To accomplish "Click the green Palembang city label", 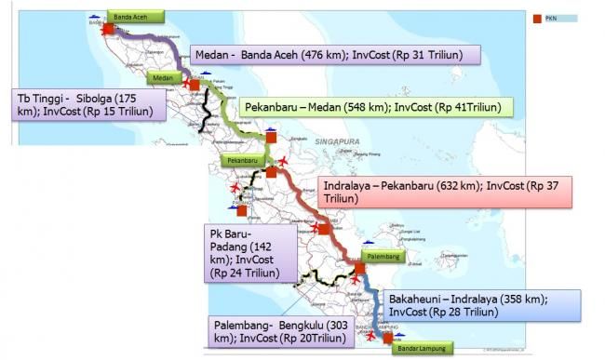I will coord(383,255).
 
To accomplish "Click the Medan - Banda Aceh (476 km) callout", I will coord(334,55).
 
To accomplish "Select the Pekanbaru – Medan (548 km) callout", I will coord(372,108).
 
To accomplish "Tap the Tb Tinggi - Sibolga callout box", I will coord(90,105).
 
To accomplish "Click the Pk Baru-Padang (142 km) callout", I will coord(250,252).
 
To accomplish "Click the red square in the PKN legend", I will coord(536,18).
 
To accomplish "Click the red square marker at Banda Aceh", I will coord(108,29).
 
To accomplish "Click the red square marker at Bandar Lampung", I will coord(388,338).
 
